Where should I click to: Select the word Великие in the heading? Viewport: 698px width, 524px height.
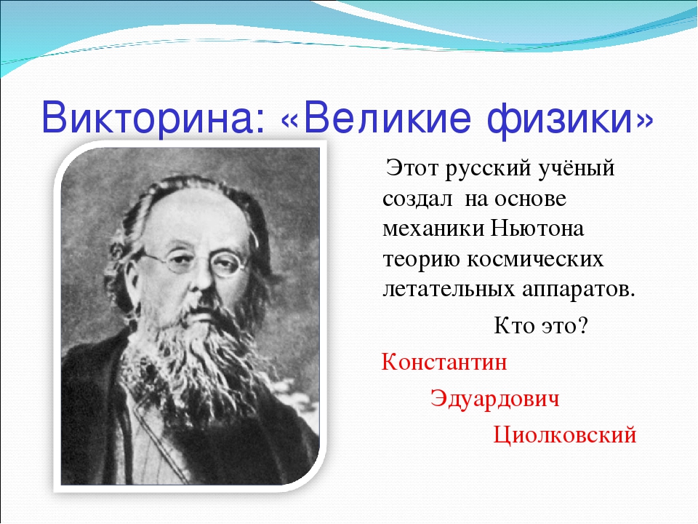click(x=386, y=118)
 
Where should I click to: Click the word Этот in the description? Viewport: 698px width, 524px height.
click(x=412, y=168)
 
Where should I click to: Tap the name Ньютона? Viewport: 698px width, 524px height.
click(x=537, y=229)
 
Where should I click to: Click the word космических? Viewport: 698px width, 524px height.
click(x=535, y=260)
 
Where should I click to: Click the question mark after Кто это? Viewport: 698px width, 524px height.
click(x=582, y=326)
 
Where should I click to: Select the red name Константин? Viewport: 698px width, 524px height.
click(x=444, y=362)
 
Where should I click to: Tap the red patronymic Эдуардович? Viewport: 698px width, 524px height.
click(x=494, y=398)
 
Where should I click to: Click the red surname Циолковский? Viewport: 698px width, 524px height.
click(x=564, y=435)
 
